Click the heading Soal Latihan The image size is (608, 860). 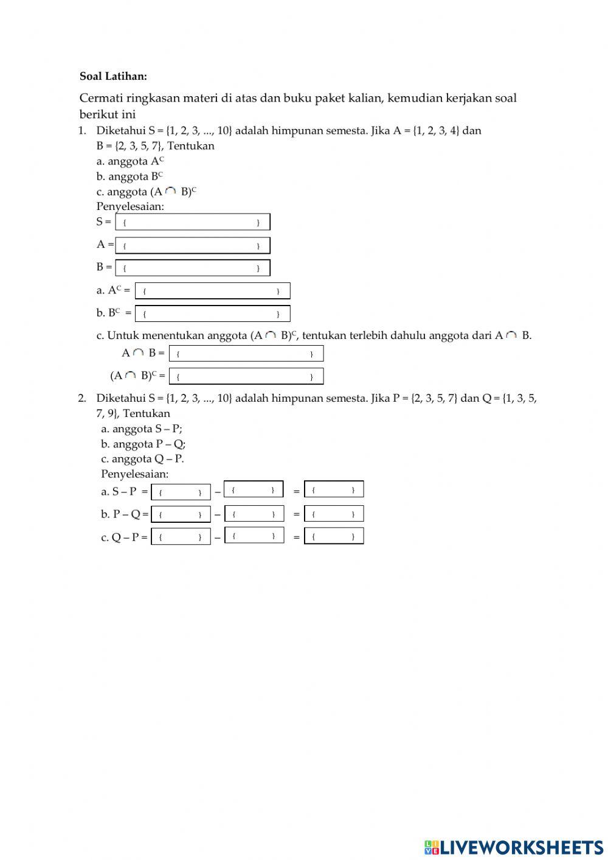(113, 76)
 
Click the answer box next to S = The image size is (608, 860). (192, 222)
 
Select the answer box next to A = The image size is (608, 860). (192, 245)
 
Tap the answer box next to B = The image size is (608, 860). (192, 268)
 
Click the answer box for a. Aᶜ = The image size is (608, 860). (212, 291)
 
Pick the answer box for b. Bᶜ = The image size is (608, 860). (212, 313)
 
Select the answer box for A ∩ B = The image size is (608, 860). (246, 353)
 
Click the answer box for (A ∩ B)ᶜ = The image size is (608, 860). (246, 376)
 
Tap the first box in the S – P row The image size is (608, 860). (181, 492)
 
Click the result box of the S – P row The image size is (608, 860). (334, 489)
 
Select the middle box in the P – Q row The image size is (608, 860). (254, 514)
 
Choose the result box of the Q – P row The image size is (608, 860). (334, 536)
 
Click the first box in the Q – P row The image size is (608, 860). (181, 537)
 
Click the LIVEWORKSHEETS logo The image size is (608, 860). (514, 847)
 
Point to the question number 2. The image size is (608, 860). (82, 398)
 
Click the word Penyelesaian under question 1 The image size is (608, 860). (130, 206)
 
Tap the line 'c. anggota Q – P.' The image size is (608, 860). (142, 459)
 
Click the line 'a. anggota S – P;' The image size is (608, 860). (141, 428)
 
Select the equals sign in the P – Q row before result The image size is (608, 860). (296, 514)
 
